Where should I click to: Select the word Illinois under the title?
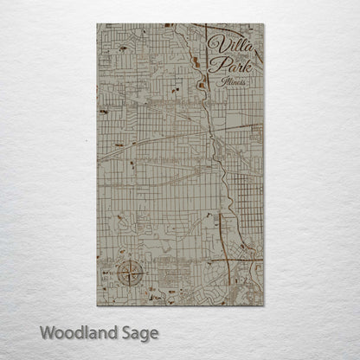[235, 81]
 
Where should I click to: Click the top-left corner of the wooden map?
[97, 24]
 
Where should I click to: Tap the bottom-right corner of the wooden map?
[263, 305]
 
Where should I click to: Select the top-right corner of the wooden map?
[263, 24]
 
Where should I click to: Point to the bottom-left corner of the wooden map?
[97, 305]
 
